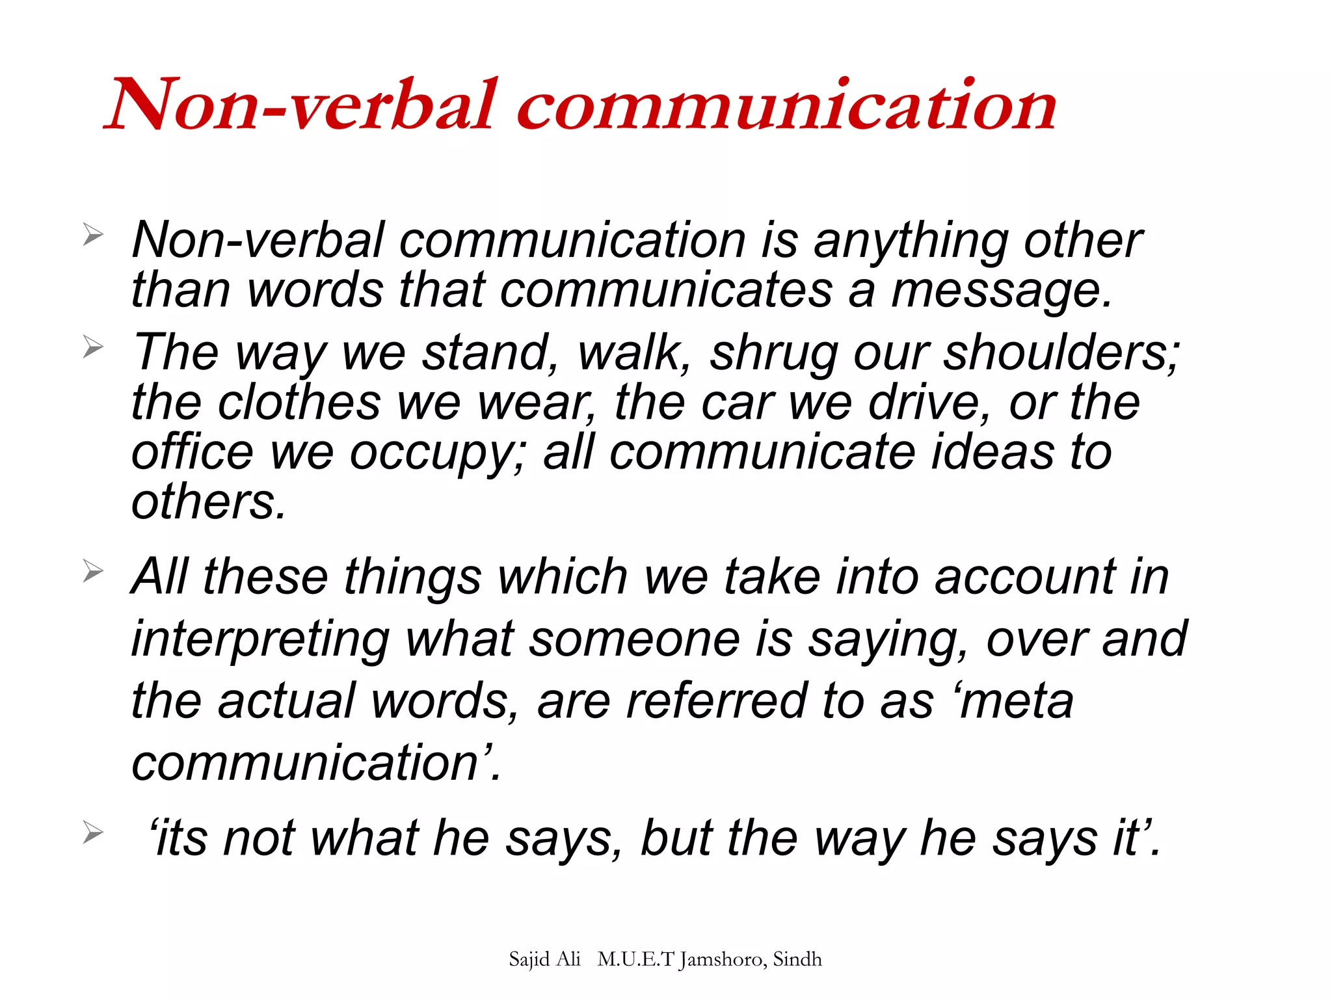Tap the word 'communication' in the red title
click(787, 105)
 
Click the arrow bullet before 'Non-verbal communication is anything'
click(93, 235)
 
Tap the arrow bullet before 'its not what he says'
click(93, 832)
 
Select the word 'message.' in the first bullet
click(1002, 291)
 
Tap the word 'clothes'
click(299, 403)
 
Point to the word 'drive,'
click(930, 404)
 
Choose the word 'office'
click(192, 453)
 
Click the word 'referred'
click(715, 702)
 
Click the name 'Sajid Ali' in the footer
click(544, 959)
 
